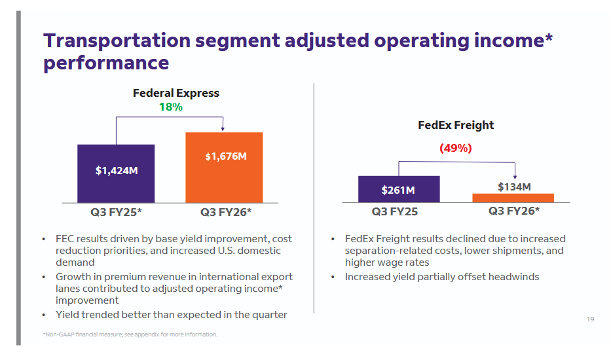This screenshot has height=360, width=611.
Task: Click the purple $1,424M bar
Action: pos(116,173)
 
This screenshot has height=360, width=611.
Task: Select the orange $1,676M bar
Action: pos(224,168)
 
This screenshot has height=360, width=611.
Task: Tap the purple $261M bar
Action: pos(398,189)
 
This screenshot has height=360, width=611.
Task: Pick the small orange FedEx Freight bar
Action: pos(513,198)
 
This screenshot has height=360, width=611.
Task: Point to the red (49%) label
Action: pos(455,148)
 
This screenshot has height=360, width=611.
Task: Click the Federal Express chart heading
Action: pos(176,93)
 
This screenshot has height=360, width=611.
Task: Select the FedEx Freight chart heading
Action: pos(456,125)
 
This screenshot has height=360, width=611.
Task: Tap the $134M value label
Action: pos(514,187)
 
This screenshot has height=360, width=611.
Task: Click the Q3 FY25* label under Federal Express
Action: pos(116,212)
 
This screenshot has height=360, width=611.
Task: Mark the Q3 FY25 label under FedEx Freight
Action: pos(394,211)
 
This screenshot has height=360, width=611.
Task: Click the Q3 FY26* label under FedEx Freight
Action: pos(514,211)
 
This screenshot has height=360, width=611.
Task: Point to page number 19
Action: pos(590,319)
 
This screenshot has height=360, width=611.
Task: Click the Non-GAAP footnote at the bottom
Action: pos(130,334)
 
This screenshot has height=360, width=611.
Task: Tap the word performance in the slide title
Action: pos(106,63)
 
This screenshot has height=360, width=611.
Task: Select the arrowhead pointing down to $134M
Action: pos(515,176)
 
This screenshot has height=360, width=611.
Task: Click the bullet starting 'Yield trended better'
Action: pos(171,315)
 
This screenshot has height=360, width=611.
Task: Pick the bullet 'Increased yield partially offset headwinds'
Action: pos(442,277)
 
